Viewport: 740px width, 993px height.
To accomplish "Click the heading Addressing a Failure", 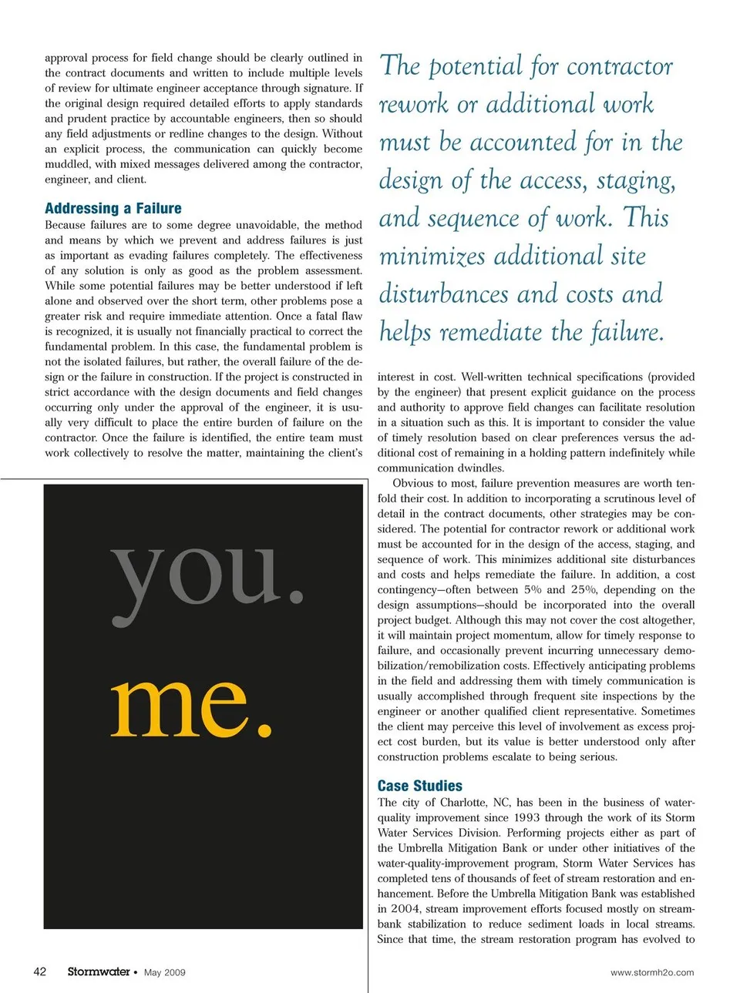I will pos(113,208).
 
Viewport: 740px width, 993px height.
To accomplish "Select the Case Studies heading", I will pos(419,786).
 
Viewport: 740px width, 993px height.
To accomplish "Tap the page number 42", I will pos(40,971).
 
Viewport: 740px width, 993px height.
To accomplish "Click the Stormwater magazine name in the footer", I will pos(99,971).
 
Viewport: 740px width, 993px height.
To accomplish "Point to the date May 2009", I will pos(165,972).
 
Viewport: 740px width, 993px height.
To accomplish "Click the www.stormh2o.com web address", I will pos(652,972).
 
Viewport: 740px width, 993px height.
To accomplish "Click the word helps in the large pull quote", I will pos(405,333).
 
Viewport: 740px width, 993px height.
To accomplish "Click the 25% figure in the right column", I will pos(584,589).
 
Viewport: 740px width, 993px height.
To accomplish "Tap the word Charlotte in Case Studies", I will pos(462,802).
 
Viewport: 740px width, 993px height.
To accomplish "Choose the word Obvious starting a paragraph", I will pos(414,484).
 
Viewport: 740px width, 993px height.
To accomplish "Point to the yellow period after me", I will pos(264,728).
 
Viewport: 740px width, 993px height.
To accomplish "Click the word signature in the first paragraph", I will pos(322,88).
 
